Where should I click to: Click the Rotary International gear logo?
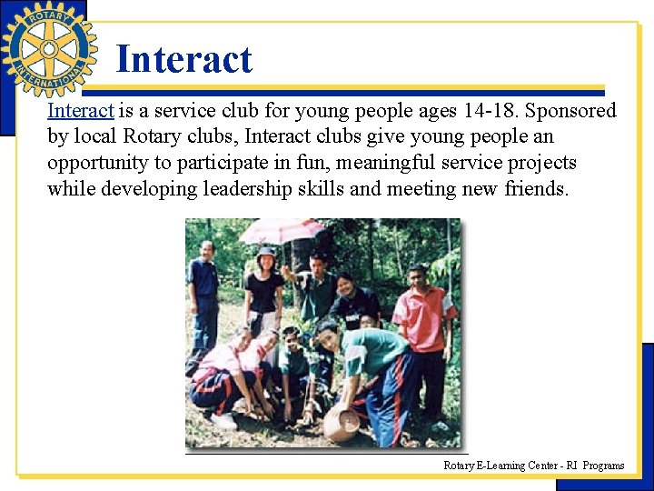coord(49,49)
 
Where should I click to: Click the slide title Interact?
coord(183,60)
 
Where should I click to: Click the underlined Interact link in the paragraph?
coord(80,111)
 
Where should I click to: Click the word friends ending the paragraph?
coord(535,189)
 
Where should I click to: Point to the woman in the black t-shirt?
coord(264,291)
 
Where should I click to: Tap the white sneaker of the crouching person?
coord(222,420)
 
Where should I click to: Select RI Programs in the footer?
coord(596,466)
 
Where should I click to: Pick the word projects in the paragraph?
coord(543,163)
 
